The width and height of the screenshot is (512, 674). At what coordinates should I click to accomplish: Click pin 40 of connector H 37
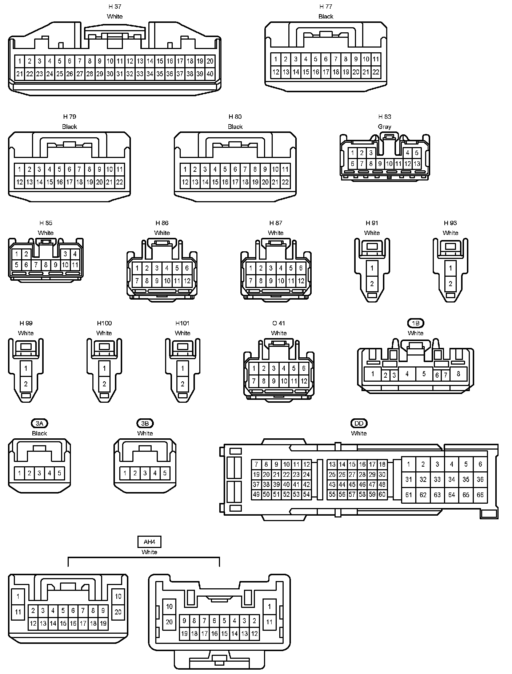[210, 74]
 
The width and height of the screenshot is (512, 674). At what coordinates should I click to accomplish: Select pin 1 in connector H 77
[276, 59]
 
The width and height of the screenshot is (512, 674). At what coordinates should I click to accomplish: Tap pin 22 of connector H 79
[119, 182]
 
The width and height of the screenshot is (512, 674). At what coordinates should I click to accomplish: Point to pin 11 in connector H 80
[285, 169]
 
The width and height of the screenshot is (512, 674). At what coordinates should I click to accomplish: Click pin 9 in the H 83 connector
[380, 164]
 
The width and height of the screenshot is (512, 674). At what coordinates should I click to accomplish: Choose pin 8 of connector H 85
[46, 265]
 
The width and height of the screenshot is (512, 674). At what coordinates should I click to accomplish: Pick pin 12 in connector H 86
[187, 281]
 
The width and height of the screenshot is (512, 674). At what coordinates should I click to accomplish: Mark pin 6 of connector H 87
[301, 268]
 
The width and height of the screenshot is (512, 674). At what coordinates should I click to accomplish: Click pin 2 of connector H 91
[372, 284]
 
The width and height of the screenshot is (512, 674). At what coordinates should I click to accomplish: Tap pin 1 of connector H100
[104, 369]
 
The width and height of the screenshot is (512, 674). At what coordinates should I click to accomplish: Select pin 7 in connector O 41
[254, 381]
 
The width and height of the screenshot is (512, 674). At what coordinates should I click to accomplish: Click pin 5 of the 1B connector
[424, 374]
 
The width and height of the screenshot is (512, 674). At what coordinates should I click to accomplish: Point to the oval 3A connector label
[39, 423]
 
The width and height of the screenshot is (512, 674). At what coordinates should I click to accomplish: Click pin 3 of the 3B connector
[145, 473]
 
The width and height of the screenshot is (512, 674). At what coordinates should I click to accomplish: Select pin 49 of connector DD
[256, 494]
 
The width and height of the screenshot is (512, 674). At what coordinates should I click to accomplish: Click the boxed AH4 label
[149, 542]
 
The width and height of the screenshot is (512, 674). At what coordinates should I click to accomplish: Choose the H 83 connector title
[384, 117]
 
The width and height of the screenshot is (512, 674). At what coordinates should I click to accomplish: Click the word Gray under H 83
[384, 127]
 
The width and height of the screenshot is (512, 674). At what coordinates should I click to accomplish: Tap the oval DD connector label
[359, 423]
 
